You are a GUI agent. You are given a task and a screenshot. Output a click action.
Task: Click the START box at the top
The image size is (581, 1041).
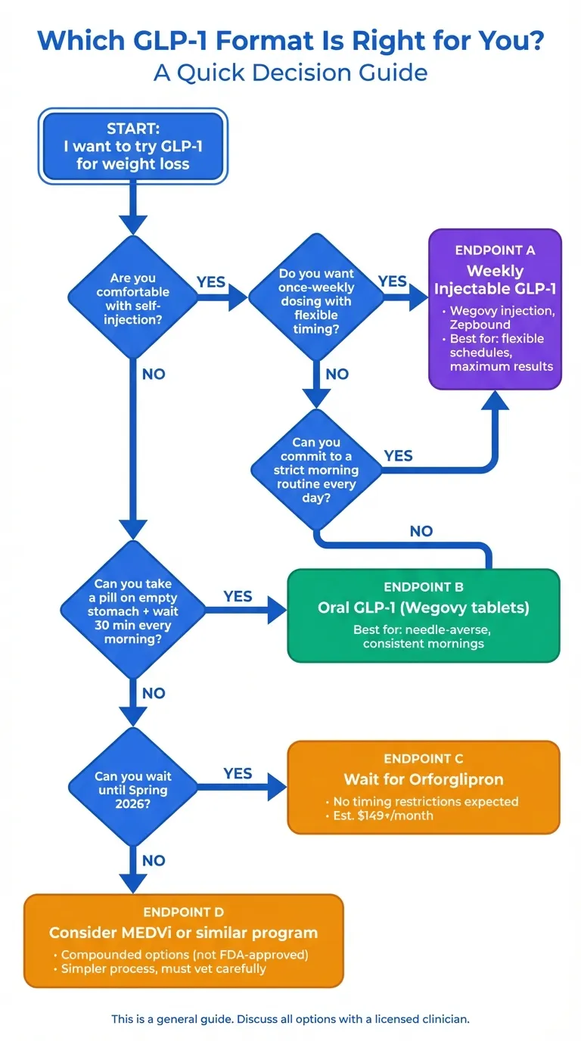[132, 146]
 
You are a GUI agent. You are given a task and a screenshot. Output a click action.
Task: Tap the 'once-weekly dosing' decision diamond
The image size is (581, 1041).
[316, 299]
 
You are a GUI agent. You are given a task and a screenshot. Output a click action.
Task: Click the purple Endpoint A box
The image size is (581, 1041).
[496, 309]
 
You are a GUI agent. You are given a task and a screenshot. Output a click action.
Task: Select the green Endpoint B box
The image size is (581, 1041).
[424, 615]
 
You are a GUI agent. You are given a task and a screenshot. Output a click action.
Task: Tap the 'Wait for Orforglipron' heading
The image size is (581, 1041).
[423, 779]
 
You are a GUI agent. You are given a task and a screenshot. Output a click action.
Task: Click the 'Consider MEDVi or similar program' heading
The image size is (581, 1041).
[183, 932]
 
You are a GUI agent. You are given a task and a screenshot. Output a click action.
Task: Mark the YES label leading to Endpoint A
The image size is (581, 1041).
[392, 281]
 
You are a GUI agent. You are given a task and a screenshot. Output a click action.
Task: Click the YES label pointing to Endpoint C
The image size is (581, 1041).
[238, 773]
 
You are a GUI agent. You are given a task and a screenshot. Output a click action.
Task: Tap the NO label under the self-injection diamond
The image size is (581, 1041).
[153, 374]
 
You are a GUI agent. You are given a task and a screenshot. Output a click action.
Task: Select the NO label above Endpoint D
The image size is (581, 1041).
[153, 860]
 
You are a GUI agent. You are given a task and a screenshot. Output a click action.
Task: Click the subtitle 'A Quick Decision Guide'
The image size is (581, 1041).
[290, 73]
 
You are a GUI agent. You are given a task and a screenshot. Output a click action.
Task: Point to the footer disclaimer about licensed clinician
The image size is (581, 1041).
[290, 1019]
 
